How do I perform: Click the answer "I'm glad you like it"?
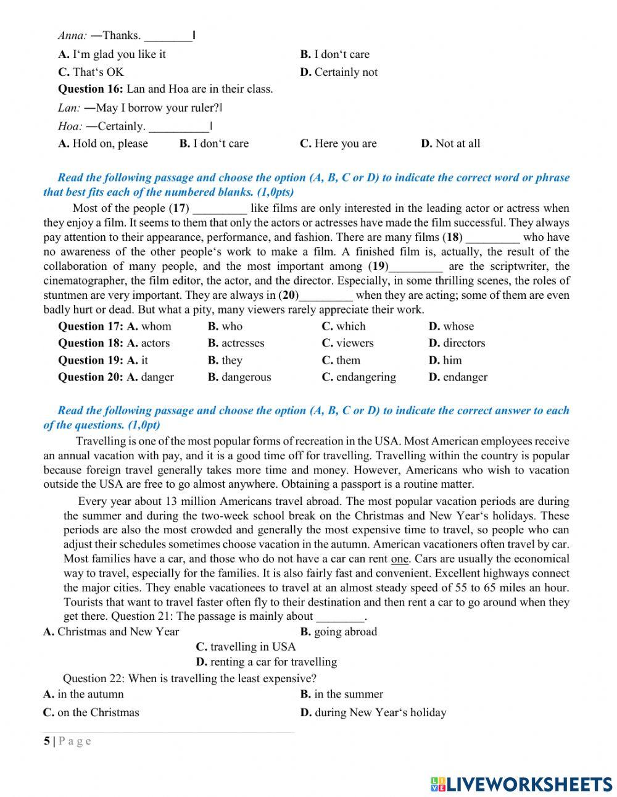pyautogui.click(x=118, y=54)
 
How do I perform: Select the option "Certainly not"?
pyautogui.click(x=346, y=72)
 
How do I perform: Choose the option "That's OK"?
pyautogui.click(x=97, y=72)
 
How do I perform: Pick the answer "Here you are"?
pyautogui.click(x=345, y=144)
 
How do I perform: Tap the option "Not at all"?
pyautogui.click(x=457, y=144)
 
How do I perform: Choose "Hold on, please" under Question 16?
pyautogui.click(x=110, y=144)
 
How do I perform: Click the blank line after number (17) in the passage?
pyautogui.click(x=220, y=209)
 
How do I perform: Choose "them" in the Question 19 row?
pyautogui.click(x=348, y=361)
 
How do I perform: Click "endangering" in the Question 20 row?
pyautogui.click(x=366, y=377)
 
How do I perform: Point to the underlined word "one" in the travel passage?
pyautogui.click(x=400, y=559)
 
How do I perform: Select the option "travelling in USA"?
pyautogui.click(x=252, y=647)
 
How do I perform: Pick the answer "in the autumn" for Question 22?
pyautogui.click(x=90, y=695)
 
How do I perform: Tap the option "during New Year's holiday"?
pyautogui.click(x=380, y=712)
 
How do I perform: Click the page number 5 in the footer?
pyautogui.click(x=47, y=741)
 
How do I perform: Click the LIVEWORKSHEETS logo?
pyautogui.click(x=521, y=784)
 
